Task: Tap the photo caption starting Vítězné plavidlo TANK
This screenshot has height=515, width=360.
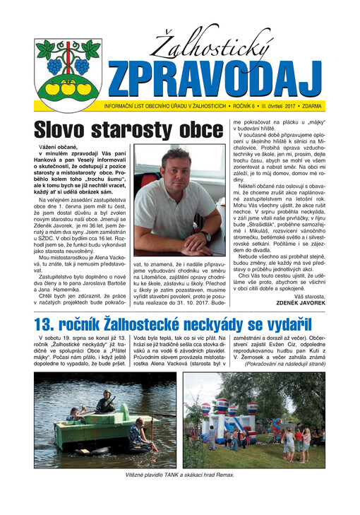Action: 180,478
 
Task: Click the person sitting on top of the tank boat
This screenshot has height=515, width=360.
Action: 106,403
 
